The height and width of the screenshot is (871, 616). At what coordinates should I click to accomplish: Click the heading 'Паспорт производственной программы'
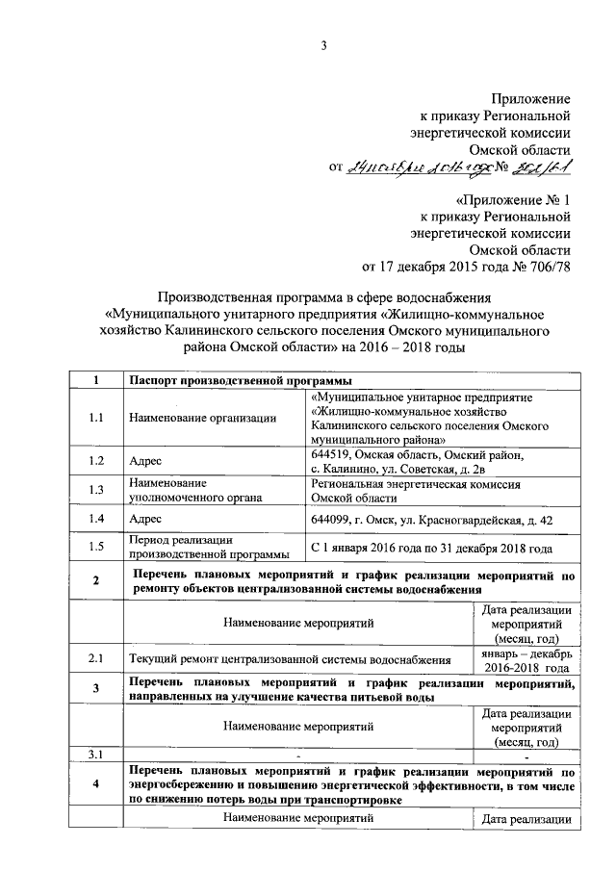[x=227, y=382]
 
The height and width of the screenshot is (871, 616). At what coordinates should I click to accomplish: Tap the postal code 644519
[x=333, y=454]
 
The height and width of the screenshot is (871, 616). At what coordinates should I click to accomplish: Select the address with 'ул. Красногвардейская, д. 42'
[x=432, y=520]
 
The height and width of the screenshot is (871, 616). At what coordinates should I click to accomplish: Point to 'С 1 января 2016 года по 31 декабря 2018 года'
[x=431, y=548]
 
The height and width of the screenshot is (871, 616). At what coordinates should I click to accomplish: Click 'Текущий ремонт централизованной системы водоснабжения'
[x=290, y=660]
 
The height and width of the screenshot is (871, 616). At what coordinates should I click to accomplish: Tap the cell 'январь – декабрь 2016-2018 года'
[x=526, y=660]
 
